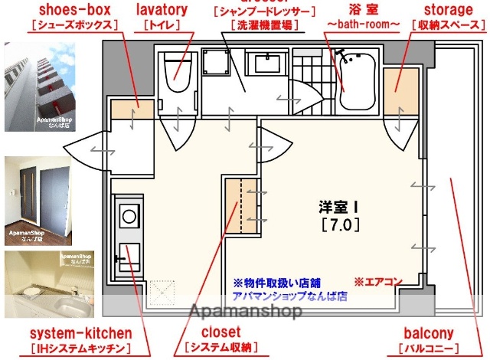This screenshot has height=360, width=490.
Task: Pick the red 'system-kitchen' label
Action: (80, 334)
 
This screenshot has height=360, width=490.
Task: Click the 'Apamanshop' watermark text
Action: (245, 313)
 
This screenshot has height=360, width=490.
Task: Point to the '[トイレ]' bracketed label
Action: (162, 25)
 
